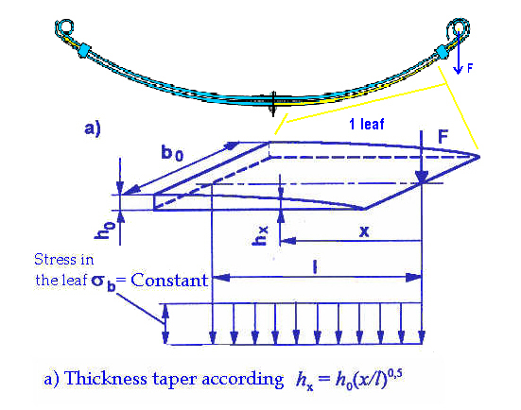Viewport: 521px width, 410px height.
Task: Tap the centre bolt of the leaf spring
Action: coord(273,104)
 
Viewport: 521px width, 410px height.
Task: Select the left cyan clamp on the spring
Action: coord(83,50)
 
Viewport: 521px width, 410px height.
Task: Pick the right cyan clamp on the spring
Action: coord(443,52)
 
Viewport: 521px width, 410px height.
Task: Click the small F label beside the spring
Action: coord(470,68)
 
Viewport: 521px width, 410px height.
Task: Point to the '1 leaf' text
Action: coord(367,124)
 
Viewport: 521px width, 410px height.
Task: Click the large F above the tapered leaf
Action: coord(443,136)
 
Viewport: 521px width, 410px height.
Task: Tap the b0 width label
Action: coord(172,153)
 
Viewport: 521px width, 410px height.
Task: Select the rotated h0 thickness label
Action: coord(104,230)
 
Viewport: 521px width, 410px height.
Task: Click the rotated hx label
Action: coord(259,236)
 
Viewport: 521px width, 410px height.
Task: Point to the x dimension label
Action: coord(364,231)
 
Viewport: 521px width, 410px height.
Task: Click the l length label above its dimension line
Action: coord(315,266)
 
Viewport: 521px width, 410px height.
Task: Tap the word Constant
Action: coord(169,281)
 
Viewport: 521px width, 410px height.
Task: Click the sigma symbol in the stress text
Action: coord(98,281)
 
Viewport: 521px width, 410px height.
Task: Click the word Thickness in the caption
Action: coord(106,378)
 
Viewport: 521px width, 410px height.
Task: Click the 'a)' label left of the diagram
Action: coord(93,128)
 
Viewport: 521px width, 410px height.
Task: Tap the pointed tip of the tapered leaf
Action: coord(478,157)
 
